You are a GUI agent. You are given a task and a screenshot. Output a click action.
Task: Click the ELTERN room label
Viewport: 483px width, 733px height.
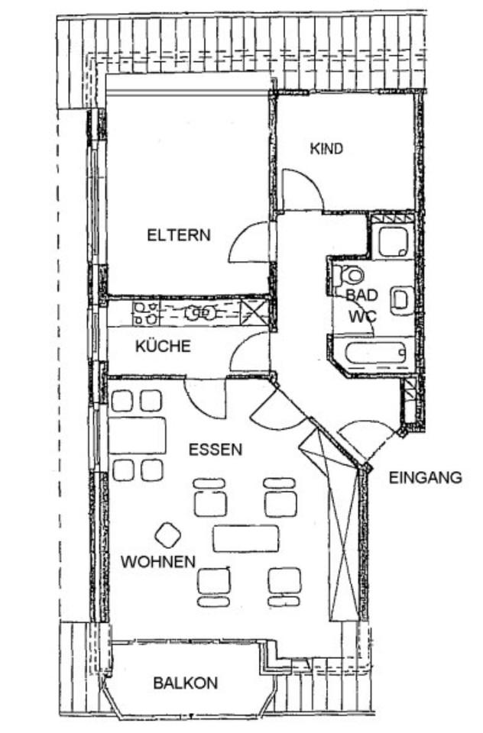pos(178,235)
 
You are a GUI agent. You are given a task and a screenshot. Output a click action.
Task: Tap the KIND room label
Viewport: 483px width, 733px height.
pos(326,148)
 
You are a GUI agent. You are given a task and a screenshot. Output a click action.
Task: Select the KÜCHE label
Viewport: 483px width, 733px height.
pos(163,346)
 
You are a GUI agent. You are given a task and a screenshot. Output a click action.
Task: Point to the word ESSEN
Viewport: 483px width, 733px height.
pos(216,450)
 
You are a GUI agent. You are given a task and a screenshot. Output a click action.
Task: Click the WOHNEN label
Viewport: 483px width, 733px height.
pos(157,561)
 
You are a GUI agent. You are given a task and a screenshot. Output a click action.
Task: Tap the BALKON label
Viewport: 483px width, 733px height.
pos(185,683)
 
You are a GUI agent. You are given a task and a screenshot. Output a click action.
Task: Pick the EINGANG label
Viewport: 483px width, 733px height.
pos(426,479)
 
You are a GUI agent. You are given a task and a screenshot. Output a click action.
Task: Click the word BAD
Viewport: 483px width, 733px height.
pos(361,295)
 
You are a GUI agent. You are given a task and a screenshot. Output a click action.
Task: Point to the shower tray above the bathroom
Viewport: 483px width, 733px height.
pos(394,241)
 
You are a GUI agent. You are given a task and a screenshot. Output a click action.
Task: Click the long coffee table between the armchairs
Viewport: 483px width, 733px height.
pos(246,538)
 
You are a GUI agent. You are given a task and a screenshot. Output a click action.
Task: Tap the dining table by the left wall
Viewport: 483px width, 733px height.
pos(138,435)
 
